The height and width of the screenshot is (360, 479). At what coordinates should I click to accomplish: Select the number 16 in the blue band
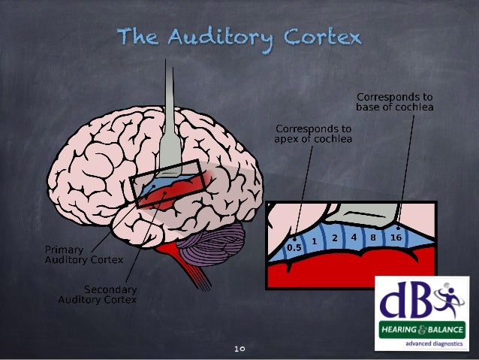(395, 237)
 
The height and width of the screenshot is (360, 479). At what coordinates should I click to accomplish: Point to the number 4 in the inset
(353, 236)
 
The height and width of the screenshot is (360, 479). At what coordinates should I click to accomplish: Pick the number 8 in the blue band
(373, 237)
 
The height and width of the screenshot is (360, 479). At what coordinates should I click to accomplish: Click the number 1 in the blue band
(315, 241)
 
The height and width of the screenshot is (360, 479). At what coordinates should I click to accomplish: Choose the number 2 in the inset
(335, 238)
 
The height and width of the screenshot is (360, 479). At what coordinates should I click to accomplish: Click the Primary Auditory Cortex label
(75, 254)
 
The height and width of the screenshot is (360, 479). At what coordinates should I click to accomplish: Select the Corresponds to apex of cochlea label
(314, 133)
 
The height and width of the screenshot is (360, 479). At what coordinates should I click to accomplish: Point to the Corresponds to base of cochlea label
(395, 101)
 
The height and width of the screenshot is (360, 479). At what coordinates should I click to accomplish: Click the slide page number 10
(240, 349)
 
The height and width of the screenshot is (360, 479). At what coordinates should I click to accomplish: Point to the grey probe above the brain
(173, 113)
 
